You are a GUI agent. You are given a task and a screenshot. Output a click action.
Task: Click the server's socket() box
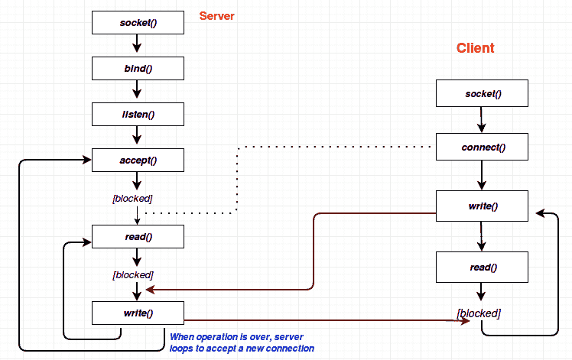click(138, 23)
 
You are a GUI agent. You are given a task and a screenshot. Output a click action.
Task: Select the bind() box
click(138, 68)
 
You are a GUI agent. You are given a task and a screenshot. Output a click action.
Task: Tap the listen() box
click(138, 115)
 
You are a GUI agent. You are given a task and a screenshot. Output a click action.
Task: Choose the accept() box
click(138, 160)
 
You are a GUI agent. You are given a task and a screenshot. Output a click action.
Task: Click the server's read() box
click(138, 236)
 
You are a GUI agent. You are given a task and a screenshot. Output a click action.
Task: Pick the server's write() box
click(138, 313)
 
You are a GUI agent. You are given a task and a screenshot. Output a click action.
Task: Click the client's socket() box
click(482, 94)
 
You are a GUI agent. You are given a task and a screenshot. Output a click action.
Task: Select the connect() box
click(482, 146)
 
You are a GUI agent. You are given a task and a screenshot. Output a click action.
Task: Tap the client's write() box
click(482, 206)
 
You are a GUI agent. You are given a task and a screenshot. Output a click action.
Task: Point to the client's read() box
click(482, 268)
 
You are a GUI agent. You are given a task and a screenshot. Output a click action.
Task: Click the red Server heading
click(216, 16)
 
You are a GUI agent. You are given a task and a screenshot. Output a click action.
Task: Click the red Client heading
click(475, 48)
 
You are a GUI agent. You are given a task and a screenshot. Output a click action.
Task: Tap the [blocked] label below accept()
click(138, 199)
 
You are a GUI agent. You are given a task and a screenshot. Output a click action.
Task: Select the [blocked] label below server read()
click(133, 274)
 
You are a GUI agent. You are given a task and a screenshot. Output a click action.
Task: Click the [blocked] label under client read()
click(479, 313)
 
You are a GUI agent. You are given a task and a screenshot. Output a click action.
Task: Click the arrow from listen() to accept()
click(138, 137)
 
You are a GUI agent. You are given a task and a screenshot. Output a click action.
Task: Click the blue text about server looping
click(242, 342)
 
